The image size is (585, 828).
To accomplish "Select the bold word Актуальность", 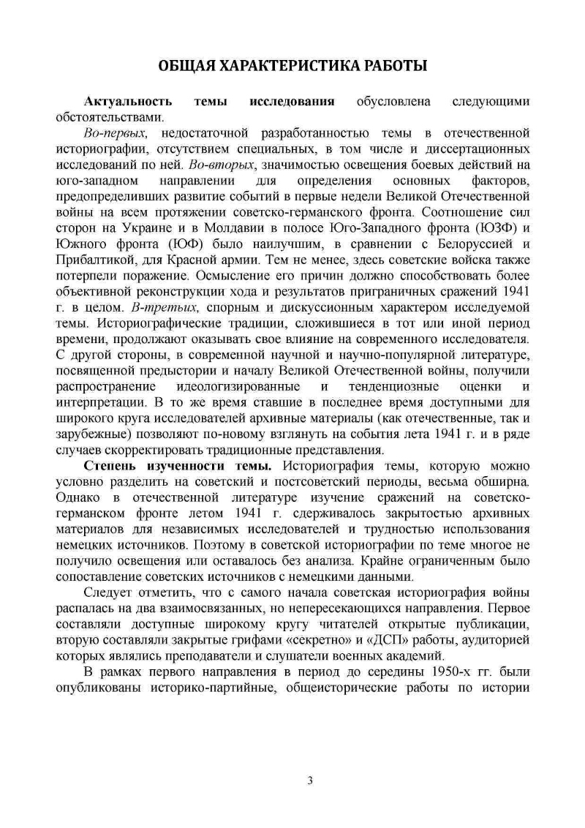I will click(x=129, y=101).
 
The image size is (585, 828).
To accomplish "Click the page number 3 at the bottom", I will click(x=310, y=782).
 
